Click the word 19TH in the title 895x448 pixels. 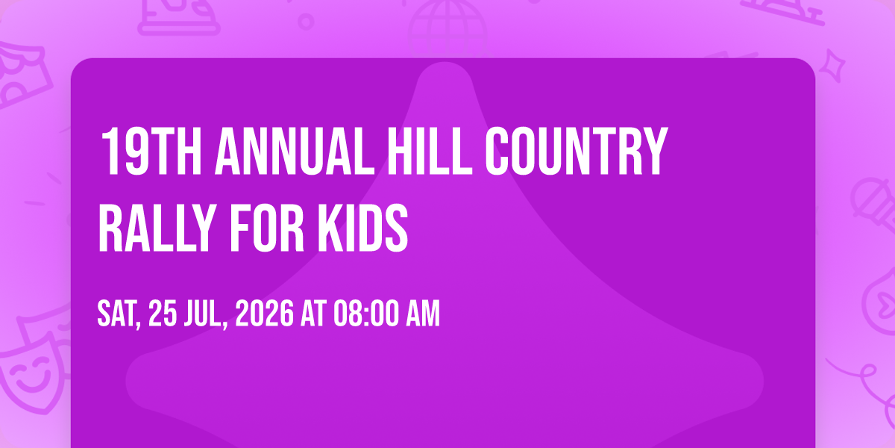click(151, 151)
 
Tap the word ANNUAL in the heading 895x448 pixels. click(295, 151)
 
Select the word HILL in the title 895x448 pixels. click(430, 151)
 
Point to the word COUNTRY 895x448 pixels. click(577, 151)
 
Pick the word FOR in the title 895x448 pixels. click(267, 228)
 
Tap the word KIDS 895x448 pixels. click(362, 228)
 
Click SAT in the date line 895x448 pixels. click(119, 314)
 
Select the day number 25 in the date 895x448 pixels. click(163, 314)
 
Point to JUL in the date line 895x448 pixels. click(205, 314)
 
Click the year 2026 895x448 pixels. click(264, 314)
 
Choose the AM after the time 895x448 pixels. click(423, 314)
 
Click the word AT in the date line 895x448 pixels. click(313, 314)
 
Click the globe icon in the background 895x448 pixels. click(447, 28)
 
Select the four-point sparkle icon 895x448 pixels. click(832, 66)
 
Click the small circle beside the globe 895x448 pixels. click(306, 22)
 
